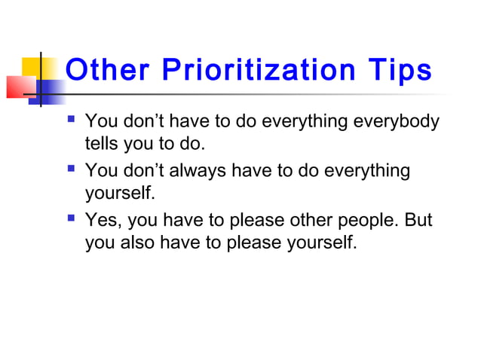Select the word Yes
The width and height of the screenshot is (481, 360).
(x=103, y=221)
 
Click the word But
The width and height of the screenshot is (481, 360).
(x=419, y=221)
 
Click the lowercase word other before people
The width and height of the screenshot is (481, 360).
(x=305, y=221)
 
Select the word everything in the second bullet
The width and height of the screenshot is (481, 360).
(x=364, y=171)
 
